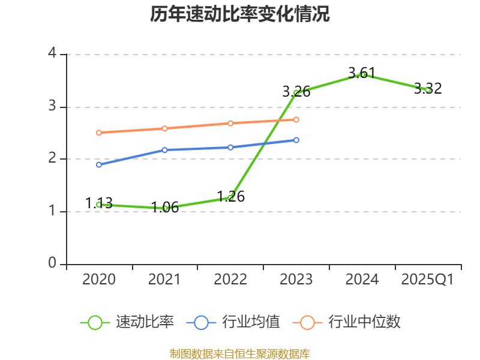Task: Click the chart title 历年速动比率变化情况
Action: click(240, 14)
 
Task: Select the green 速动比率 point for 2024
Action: click(362, 74)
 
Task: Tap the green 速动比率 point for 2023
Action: click(296, 92)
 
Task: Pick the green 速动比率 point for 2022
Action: click(230, 197)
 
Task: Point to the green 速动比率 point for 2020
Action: click(99, 205)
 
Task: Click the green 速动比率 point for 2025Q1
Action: click(428, 90)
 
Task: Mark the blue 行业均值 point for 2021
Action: click(164, 150)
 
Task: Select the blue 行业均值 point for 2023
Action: click(296, 140)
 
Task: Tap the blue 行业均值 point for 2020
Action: click(99, 164)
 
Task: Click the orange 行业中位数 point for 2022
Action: click(230, 123)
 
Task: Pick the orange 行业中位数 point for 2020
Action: click(99, 133)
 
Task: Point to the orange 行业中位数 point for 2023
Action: click(296, 119)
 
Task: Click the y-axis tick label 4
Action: click(52, 53)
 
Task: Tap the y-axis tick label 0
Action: click(52, 263)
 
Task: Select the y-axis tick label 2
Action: click(52, 158)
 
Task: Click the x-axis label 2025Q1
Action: click(428, 280)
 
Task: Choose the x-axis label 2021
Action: click(164, 280)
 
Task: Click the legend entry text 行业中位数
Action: click(364, 322)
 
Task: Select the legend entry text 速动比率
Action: click(145, 322)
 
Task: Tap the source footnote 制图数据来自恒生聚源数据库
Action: click(240, 353)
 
